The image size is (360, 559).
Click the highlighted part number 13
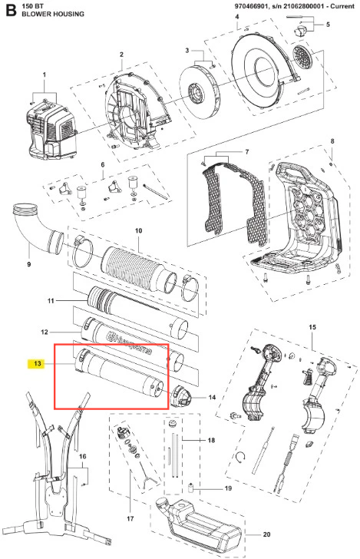pyautogui.click(x=37, y=364)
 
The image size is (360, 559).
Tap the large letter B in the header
pyautogui.click(x=11, y=10)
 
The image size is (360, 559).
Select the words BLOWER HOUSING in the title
pyautogui.click(x=53, y=14)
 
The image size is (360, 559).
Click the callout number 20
pyautogui.click(x=266, y=534)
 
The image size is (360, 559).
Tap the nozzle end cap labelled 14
pyautogui.click(x=182, y=396)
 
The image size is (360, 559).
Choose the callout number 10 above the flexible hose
pyautogui.click(x=139, y=230)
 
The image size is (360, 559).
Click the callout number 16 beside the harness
pyautogui.click(x=82, y=456)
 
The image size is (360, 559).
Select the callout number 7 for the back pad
pyautogui.click(x=247, y=152)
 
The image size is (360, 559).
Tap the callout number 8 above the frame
pyautogui.click(x=332, y=141)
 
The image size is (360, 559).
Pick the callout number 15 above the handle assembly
pyautogui.click(x=312, y=327)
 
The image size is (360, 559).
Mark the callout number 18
pyautogui.click(x=211, y=440)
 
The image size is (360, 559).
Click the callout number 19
pyautogui.click(x=228, y=488)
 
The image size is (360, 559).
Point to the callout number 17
pyautogui.click(x=130, y=518)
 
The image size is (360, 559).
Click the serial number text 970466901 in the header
pyautogui.click(x=249, y=6)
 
